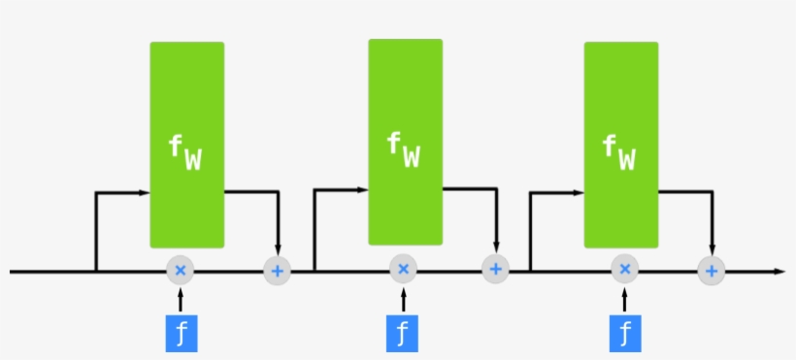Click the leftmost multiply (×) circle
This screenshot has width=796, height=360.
pos(180,271)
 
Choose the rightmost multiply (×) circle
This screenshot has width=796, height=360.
pos(624,270)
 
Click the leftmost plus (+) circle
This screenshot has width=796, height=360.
pos(278,271)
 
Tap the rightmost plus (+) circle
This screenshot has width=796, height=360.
pos(712,271)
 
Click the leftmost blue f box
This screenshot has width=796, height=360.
pos(181,332)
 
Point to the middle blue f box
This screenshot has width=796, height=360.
pos(403,332)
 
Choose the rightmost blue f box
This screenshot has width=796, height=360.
pos(624,332)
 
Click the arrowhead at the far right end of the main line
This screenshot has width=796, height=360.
pos(779,271)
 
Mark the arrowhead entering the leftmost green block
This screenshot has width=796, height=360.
pos(145,193)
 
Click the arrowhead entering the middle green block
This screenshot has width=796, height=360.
pos(363,190)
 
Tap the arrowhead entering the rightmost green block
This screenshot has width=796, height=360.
pos(579,192)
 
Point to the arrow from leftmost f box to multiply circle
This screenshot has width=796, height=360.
pos(181,299)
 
